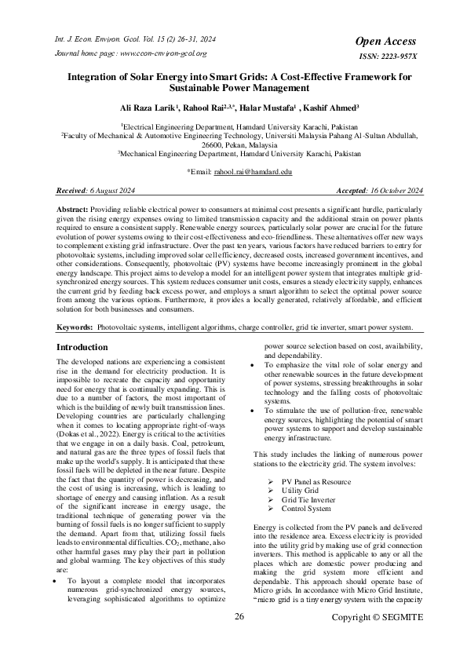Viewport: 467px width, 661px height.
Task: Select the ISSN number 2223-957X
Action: (x=389, y=56)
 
